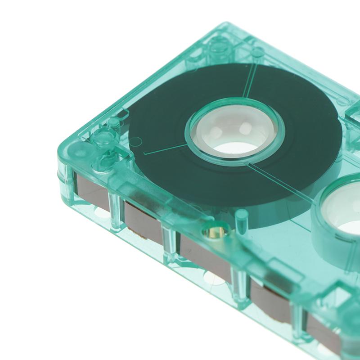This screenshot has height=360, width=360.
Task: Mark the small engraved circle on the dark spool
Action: (x=135, y=141)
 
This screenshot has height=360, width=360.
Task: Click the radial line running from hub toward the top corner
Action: (x=250, y=81)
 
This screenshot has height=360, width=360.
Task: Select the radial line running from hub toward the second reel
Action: (x=279, y=180)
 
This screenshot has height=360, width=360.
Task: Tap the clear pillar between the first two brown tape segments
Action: (x=116, y=209)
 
